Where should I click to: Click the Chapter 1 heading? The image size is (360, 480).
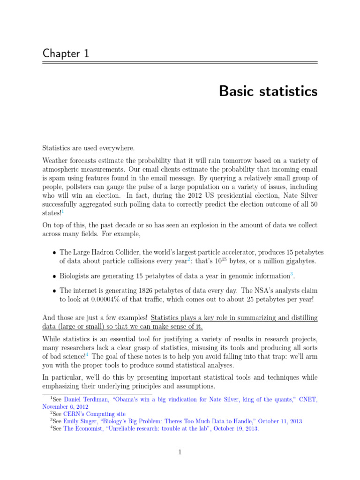66,53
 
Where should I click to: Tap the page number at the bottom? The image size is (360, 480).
180,452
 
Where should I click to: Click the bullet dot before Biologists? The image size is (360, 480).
54,276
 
